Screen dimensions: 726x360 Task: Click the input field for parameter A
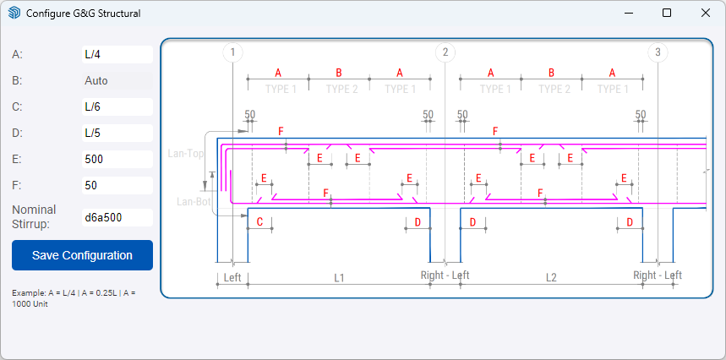(117, 55)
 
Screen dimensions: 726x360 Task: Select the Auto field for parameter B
(117, 81)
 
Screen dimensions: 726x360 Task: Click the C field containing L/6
(117, 106)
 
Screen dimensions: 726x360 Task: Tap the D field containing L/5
(117, 134)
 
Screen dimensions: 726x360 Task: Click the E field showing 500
(117, 159)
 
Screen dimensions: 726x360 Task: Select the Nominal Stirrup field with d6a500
(117, 217)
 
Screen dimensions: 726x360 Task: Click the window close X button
(705, 13)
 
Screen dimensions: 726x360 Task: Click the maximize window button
(667, 13)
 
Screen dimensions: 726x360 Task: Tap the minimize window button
(628, 13)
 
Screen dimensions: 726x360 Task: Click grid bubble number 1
(233, 52)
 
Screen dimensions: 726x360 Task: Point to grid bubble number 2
(445, 52)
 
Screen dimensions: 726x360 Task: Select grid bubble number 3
(658, 52)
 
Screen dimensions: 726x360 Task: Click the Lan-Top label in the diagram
(186, 154)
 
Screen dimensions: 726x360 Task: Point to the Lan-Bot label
(194, 202)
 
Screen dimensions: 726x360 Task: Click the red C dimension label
(259, 222)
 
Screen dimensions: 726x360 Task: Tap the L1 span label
(340, 278)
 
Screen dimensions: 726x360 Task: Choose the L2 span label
(551, 278)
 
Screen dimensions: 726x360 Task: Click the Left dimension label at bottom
(232, 278)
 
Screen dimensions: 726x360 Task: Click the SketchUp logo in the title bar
(14, 13)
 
